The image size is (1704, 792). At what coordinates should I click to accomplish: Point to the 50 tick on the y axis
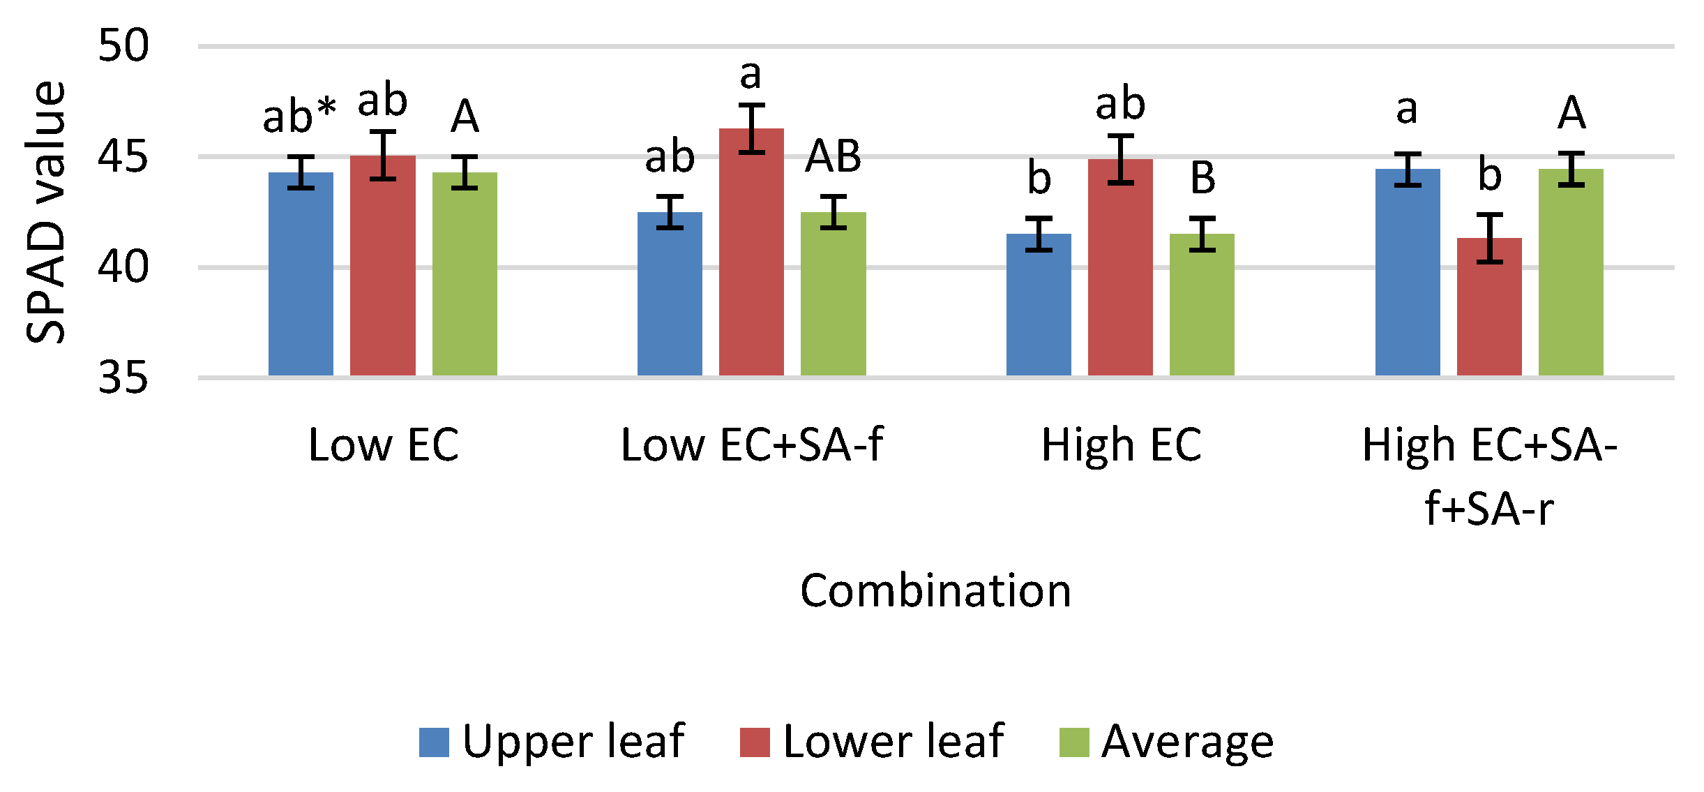[123, 46]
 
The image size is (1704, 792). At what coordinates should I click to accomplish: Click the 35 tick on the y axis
[123, 378]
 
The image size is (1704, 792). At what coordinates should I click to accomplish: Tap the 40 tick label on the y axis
[123, 267]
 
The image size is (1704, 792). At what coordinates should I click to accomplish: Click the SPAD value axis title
[46, 212]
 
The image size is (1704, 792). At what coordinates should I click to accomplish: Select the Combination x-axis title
[935, 591]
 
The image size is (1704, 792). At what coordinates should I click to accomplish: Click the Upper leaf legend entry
[552, 741]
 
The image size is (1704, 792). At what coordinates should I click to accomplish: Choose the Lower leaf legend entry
[872, 741]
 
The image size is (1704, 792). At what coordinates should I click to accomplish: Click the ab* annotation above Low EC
[299, 116]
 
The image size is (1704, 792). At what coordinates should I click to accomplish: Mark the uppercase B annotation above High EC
[1202, 178]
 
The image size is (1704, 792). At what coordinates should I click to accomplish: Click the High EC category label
[1121, 445]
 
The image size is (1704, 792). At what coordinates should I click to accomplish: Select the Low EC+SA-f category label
[752, 445]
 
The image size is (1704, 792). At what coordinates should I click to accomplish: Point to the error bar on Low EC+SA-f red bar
[751, 128]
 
